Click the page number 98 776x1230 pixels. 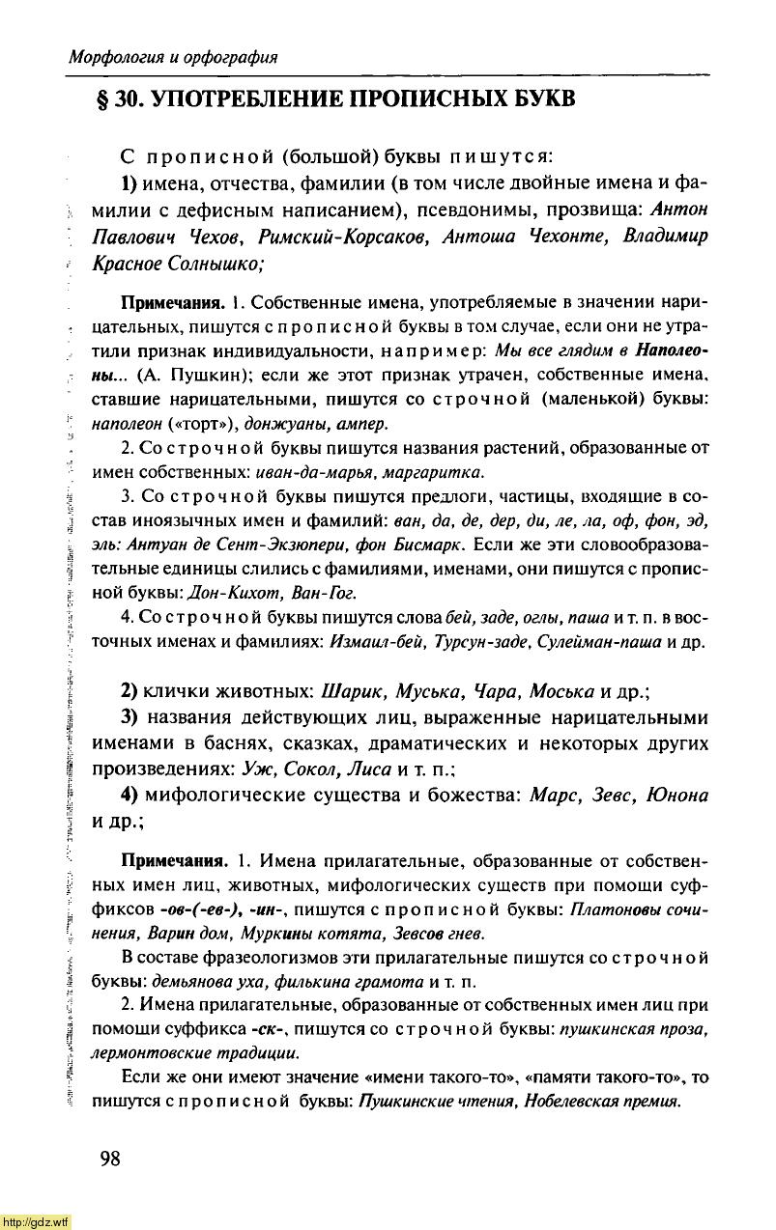[109, 1159]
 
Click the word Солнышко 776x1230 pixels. [216, 264]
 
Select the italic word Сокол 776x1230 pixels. [311, 769]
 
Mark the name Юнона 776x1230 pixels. [675, 796]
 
